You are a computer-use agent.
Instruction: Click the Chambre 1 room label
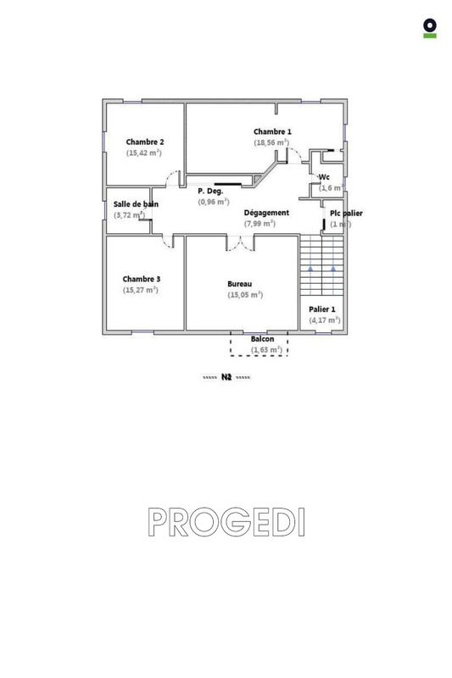point(272,131)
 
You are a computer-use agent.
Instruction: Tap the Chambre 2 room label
point(145,142)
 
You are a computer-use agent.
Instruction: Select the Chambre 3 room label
point(141,279)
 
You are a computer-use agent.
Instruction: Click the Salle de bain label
point(136,204)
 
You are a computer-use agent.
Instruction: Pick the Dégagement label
point(266,213)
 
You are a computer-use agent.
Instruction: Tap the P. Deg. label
point(210,192)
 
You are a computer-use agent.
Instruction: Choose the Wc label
point(324,177)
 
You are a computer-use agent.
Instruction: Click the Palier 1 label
point(322,309)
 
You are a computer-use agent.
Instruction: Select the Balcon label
point(262,339)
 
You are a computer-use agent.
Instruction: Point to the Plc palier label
point(346,214)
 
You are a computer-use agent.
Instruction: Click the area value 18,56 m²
point(272,142)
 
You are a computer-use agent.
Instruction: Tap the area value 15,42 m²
point(144,153)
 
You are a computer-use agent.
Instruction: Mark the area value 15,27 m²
point(141,290)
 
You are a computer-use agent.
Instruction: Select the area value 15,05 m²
point(245,295)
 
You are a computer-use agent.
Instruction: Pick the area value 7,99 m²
point(259,224)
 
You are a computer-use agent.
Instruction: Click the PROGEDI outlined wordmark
point(226,522)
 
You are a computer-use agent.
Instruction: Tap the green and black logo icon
point(430,28)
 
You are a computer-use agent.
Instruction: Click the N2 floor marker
point(226,377)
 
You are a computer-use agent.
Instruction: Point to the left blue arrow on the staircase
point(311,268)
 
